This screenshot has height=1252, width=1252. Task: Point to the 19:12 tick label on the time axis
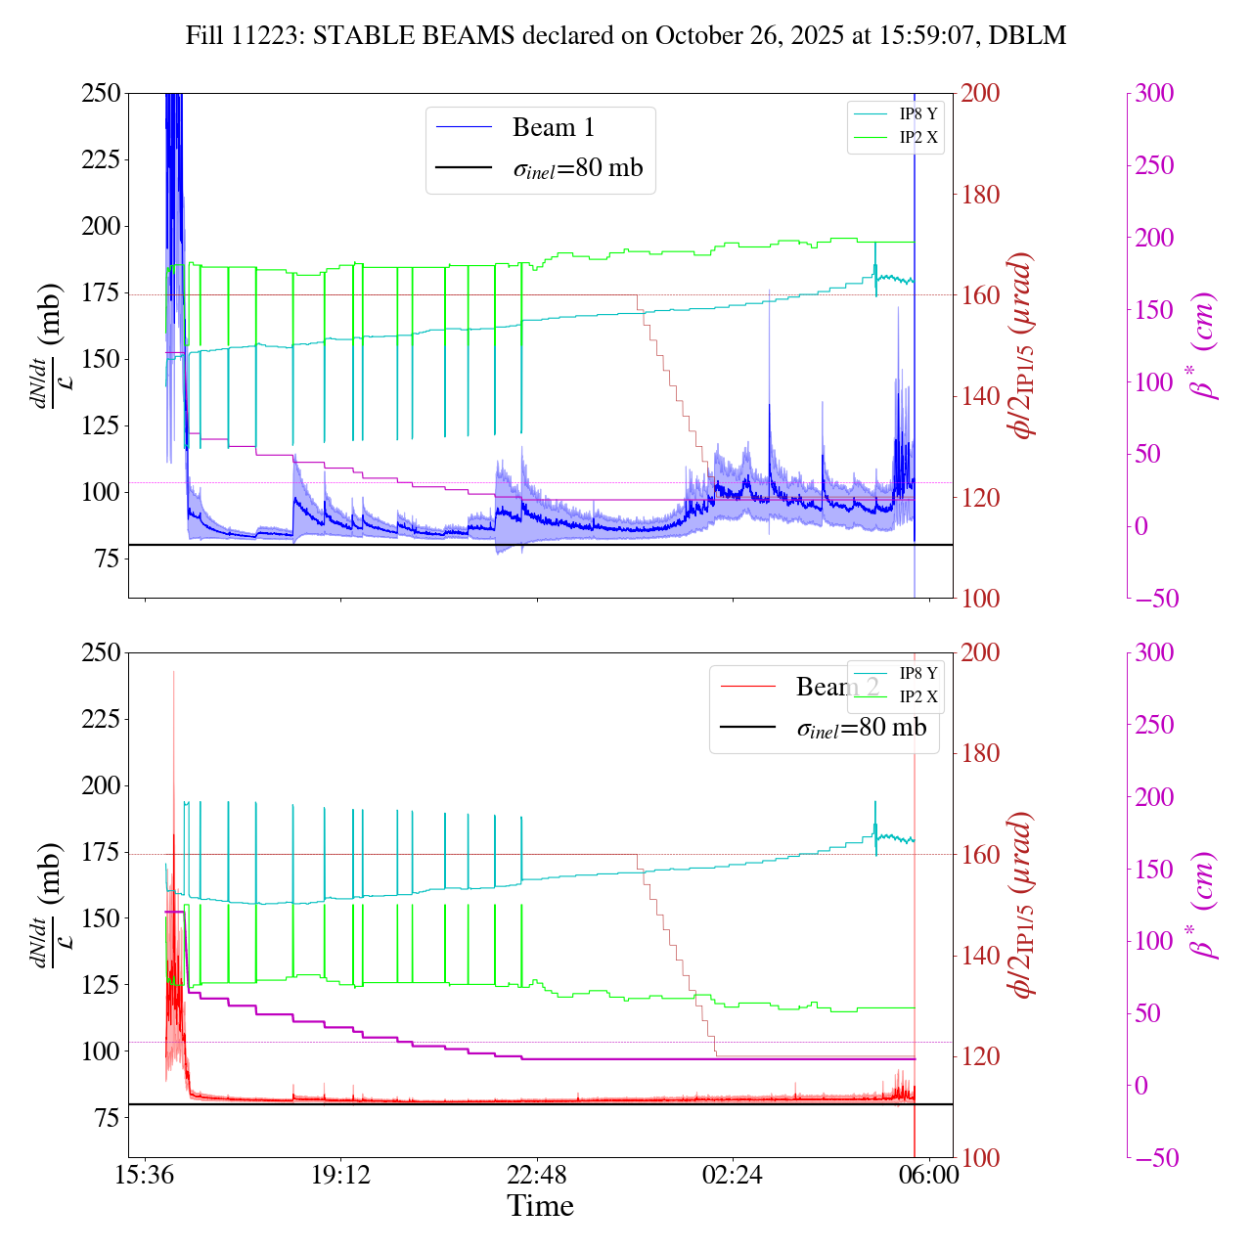point(340,1174)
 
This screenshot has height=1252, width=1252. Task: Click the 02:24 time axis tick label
point(732,1174)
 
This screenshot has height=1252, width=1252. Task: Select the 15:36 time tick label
point(145,1174)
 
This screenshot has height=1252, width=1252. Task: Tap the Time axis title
point(540,1206)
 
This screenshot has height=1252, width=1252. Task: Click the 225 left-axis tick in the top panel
point(101,159)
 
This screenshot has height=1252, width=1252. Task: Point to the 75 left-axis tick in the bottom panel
point(108,1118)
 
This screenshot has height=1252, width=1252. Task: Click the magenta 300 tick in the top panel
point(1154,94)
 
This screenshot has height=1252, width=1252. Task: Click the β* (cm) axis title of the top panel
point(1204,345)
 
